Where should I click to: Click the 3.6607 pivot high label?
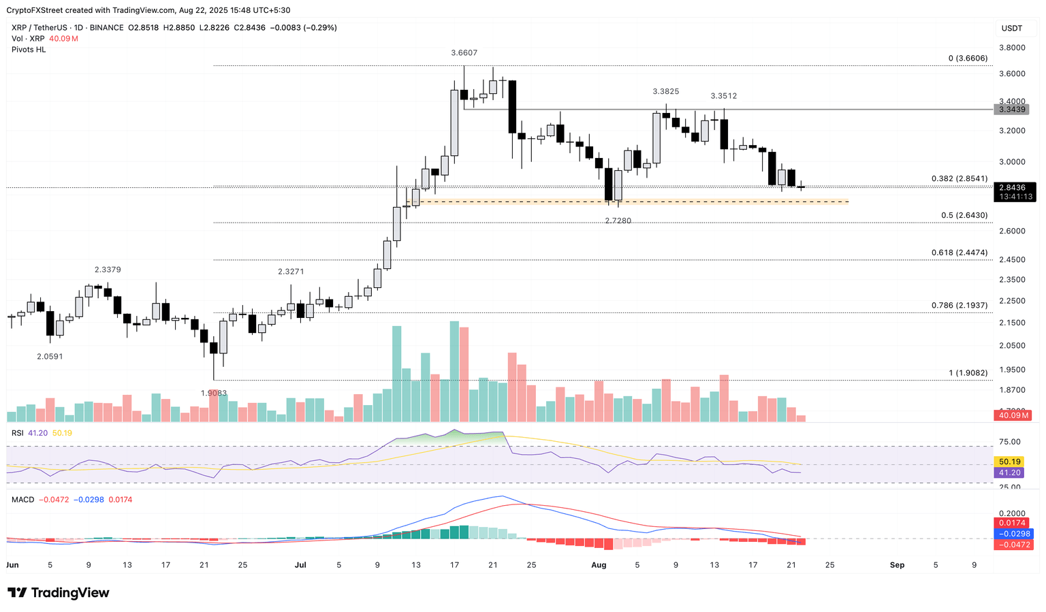pos(464,53)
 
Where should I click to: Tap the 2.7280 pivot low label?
pos(618,221)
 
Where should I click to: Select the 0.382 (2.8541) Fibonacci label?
pos(959,179)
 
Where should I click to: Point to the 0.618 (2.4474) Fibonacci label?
pos(959,253)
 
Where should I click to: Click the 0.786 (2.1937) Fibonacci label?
pos(959,305)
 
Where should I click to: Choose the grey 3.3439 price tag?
pos(1011,110)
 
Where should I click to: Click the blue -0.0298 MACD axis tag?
pos(1014,534)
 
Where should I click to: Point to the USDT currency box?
pos(1011,29)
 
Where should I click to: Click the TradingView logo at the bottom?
pos(59,593)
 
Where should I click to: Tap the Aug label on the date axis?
pos(599,565)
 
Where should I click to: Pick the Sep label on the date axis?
pos(897,565)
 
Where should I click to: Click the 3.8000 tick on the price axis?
pos(1011,48)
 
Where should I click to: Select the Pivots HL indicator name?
pos(29,50)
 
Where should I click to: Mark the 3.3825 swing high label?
pos(665,91)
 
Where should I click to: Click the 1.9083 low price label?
pos(214,393)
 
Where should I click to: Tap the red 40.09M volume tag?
pos(1013,415)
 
